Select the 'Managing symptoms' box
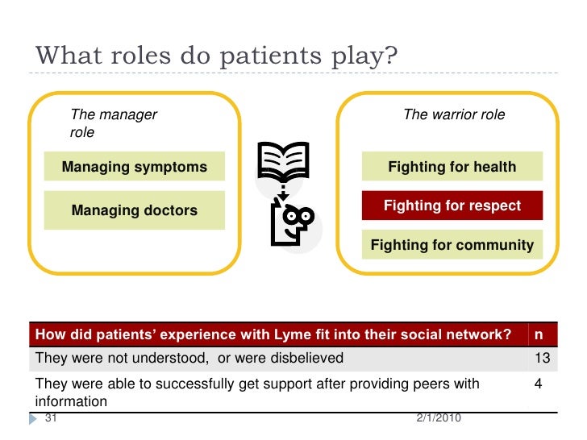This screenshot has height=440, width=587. tap(134, 168)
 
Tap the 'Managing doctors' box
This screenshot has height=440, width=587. tap(134, 210)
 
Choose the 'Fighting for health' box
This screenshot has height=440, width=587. tap(452, 168)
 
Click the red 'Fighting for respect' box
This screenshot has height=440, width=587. tap(452, 205)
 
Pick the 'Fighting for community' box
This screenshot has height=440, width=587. tap(452, 245)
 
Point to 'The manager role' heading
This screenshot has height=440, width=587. tap(114, 123)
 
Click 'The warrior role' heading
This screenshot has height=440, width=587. tap(453, 114)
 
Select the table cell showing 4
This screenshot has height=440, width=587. tap(538, 384)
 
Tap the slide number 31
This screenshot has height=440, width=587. tap(52, 418)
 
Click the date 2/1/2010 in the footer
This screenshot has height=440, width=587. tap(436, 418)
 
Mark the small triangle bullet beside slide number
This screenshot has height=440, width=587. tap(36, 418)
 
